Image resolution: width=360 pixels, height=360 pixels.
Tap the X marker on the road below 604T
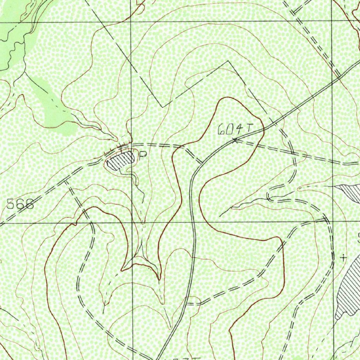pos(235,141)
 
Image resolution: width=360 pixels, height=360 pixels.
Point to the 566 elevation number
pos(20,204)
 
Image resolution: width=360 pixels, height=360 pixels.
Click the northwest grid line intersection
pos(131,22)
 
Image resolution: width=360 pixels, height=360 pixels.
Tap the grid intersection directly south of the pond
pos(132,223)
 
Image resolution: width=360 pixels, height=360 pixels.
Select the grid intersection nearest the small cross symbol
pos(333,223)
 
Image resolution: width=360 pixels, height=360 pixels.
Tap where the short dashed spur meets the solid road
pos(201,163)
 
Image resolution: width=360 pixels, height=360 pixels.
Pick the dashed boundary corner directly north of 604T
pos(229,62)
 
